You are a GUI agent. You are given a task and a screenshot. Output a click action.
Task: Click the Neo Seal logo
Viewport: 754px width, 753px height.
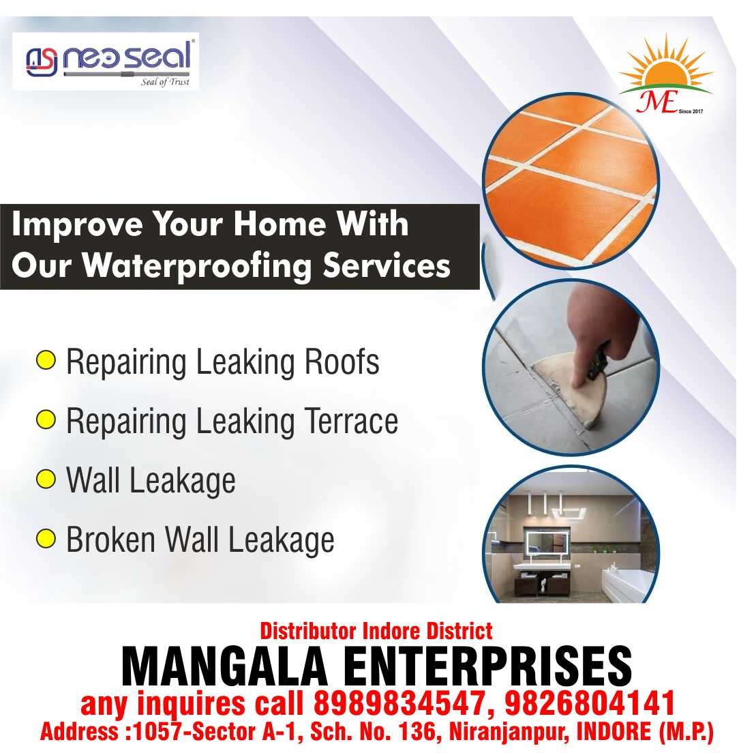[x=106, y=61]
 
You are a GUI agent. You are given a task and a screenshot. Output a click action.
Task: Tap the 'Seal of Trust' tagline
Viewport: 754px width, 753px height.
[x=165, y=82]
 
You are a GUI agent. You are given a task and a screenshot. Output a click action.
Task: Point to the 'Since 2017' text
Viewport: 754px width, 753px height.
[x=691, y=111]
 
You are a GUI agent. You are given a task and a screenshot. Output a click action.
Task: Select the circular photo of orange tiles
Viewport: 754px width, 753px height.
[x=571, y=180]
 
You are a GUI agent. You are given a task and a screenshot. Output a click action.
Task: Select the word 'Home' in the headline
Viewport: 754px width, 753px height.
[x=280, y=224]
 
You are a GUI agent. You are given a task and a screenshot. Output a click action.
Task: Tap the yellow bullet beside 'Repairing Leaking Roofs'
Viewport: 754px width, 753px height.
[x=46, y=360]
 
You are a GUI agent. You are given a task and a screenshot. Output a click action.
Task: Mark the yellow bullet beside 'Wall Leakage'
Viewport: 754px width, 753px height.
[x=46, y=479]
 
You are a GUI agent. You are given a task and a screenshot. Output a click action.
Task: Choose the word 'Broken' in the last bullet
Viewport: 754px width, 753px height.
[x=111, y=540]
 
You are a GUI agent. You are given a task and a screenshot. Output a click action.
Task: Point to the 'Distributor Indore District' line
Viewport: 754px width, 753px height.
[x=376, y=631]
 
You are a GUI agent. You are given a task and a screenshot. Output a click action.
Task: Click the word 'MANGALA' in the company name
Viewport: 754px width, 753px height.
[x=224, y=666]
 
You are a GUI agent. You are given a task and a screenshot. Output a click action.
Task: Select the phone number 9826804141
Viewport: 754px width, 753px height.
[x=590, y=703]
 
